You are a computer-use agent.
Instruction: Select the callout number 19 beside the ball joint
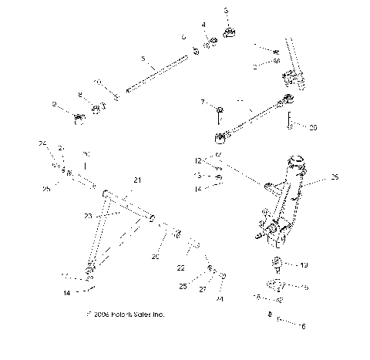[304, 264]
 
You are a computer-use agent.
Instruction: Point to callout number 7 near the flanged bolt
[203, 102]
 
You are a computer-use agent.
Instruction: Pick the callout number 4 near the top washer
[204, 25]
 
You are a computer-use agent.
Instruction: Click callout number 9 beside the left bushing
[55, 104]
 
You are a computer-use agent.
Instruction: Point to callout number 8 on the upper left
[79, 95]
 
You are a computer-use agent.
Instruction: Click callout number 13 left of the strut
[197, 177]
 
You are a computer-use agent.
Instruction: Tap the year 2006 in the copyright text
[101, 315]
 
